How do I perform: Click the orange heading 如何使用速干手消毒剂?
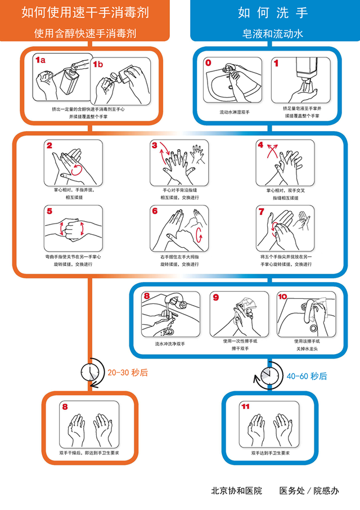click(x=85, y=12)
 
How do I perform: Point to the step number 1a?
click(x=40, y=59)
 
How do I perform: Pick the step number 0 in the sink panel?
click(x=208, y=63)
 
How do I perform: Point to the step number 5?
click(x=49, y=211)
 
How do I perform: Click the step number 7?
click(x=261, y=211)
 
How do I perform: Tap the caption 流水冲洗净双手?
click(x=170, y=343)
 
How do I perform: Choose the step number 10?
click(x=282, y=296)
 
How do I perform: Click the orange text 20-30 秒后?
click(x=128, y=372)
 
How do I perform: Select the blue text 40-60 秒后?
click(x=307, y=376)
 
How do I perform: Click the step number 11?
click(x=245, y=406)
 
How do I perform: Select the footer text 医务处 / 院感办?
click(x=309, y=490)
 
